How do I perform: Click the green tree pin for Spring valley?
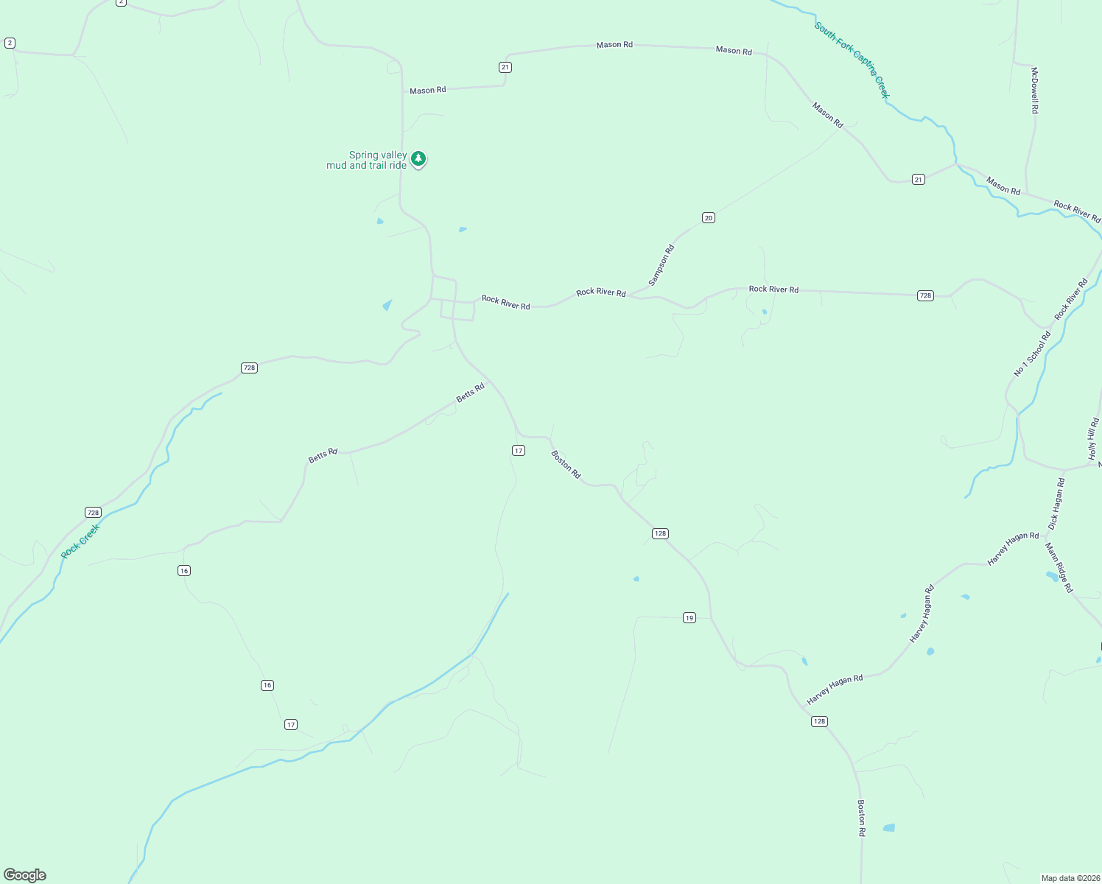click(x=418, y=158)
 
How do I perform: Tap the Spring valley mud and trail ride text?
click(x=367, y=161)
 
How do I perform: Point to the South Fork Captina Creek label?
click(x=852, y=60)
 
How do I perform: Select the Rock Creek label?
click(x=80, y=541)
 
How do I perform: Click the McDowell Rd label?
click(x=1034, y=90)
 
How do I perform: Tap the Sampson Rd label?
click(x=661, y=265)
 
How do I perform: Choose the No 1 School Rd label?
click(x=1032, y=354)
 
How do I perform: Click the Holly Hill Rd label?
click(x=1093, y=439)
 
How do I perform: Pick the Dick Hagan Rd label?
click(x=1056, y=504)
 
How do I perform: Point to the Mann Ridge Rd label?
click(x=1059, y=567)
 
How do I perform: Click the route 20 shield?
click(x=708, y=217)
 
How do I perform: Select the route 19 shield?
click(x=689, y=617)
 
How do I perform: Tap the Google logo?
click(x=25, y=874)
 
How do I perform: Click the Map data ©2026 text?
click(x=1070, y=878)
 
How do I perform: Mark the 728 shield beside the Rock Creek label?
click(x=93, y=512)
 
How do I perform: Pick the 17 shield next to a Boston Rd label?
click(x=519, y=450)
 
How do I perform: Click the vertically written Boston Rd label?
click(x=861, y=818)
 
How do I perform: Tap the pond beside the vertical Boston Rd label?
click(x=889, y=828)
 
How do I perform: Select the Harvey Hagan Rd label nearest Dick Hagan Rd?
click(x=1013, y=549)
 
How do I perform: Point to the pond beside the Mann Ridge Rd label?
click(x=1051, y=576)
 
